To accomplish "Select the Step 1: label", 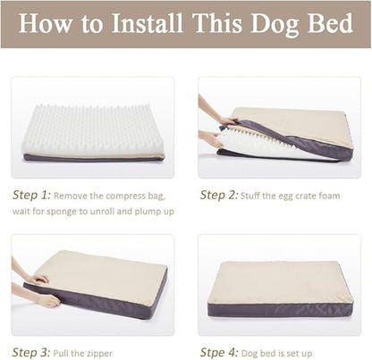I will point(31,195).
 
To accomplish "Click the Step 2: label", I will point(218,195).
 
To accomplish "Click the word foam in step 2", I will point(327,196).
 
